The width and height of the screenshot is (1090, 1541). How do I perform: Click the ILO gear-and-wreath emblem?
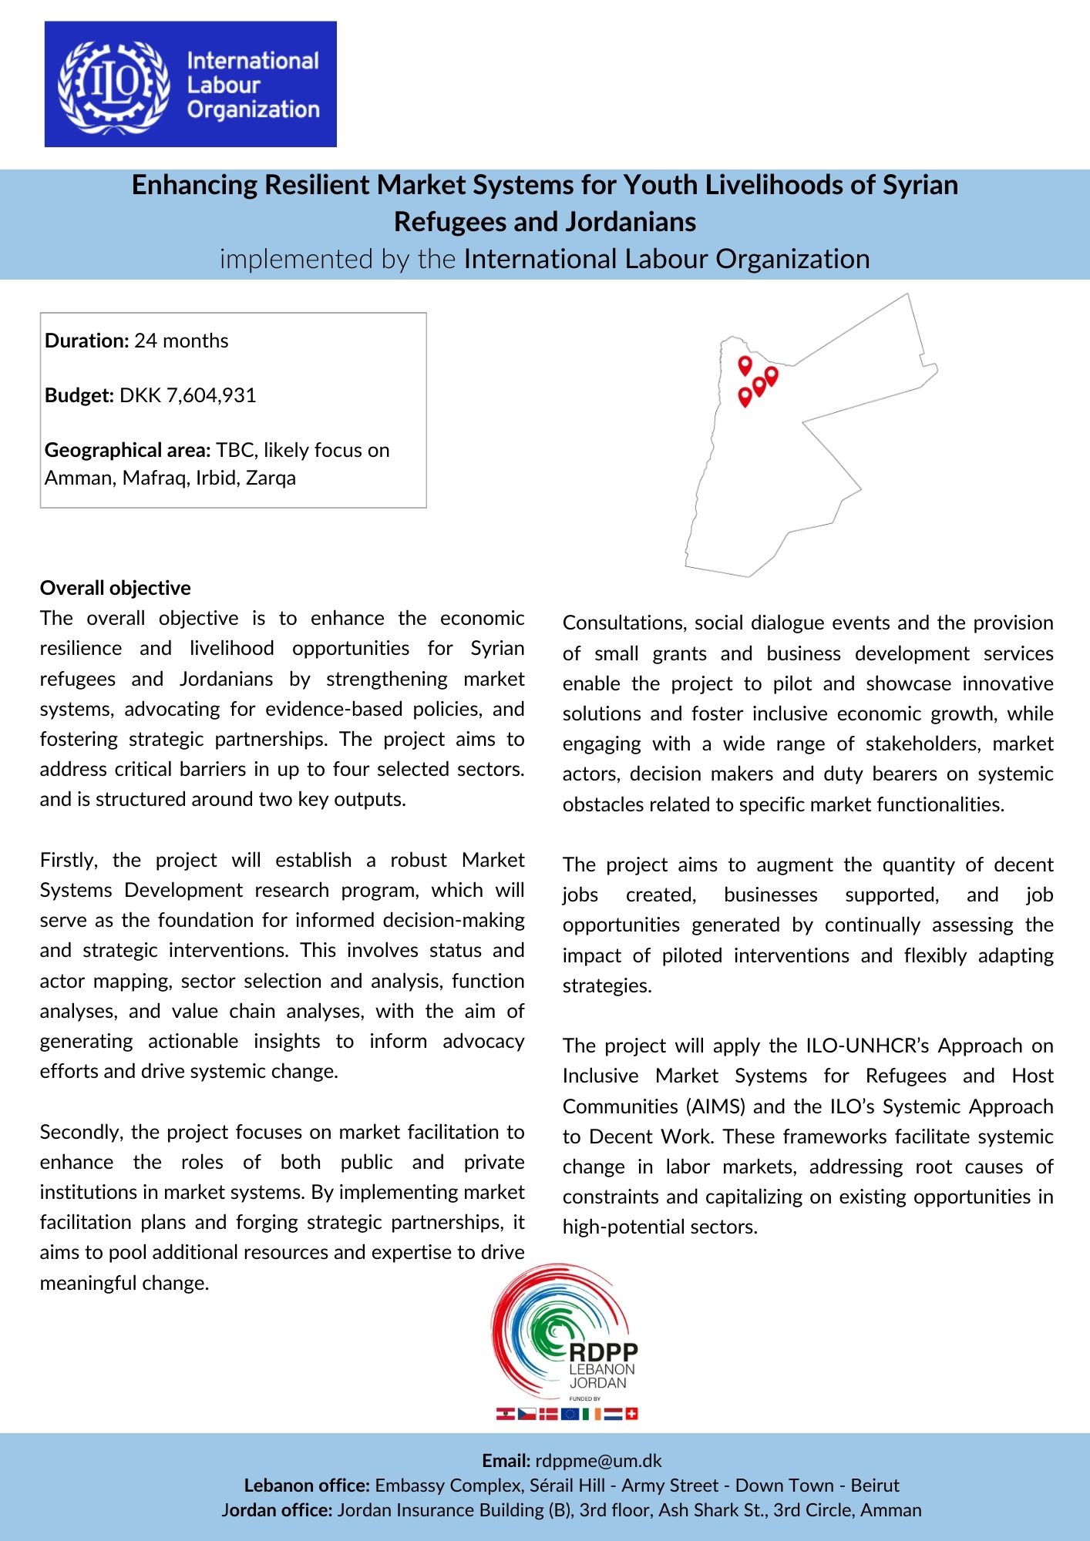[114, 85]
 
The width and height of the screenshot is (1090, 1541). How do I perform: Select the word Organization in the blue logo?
[253, 110]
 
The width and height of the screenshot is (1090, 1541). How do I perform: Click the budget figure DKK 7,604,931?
[187, 395]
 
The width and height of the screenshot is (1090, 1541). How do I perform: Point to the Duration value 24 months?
[181, 341]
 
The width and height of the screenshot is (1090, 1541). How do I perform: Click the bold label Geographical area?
[127, 450]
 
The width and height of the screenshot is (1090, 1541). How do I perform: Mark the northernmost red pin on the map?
[745, 365]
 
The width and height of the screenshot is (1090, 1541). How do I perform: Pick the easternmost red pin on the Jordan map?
[772, 375]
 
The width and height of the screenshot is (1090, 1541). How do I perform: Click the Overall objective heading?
[115, 588]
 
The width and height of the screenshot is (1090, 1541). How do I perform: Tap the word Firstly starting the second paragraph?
[69, 860]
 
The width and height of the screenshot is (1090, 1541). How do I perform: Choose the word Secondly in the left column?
[82, 1132]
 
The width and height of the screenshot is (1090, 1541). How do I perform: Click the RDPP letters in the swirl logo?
[603, 1351]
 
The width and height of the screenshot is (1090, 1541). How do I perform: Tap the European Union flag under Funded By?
[570, 1414]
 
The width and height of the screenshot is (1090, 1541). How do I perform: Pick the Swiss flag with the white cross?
[631, 1414]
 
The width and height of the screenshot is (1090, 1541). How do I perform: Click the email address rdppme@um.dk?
[598, 1461]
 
